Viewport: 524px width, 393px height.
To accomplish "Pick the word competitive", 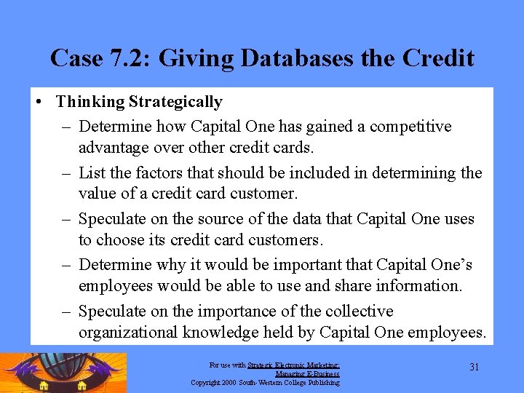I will [x=410, y=127].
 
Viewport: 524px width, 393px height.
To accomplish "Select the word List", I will [x=92, y=172].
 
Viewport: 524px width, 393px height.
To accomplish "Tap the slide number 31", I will [x=474, y=368].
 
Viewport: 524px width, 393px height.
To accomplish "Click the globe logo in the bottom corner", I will [x=64, y=373].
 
